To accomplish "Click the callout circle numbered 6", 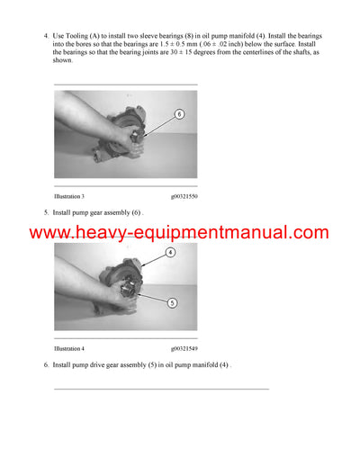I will (x=178, y=115).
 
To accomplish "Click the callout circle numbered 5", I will (x=169, y=302).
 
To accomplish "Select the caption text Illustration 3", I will (x=69, y=196).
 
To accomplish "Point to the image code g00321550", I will (x=184, y=196).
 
